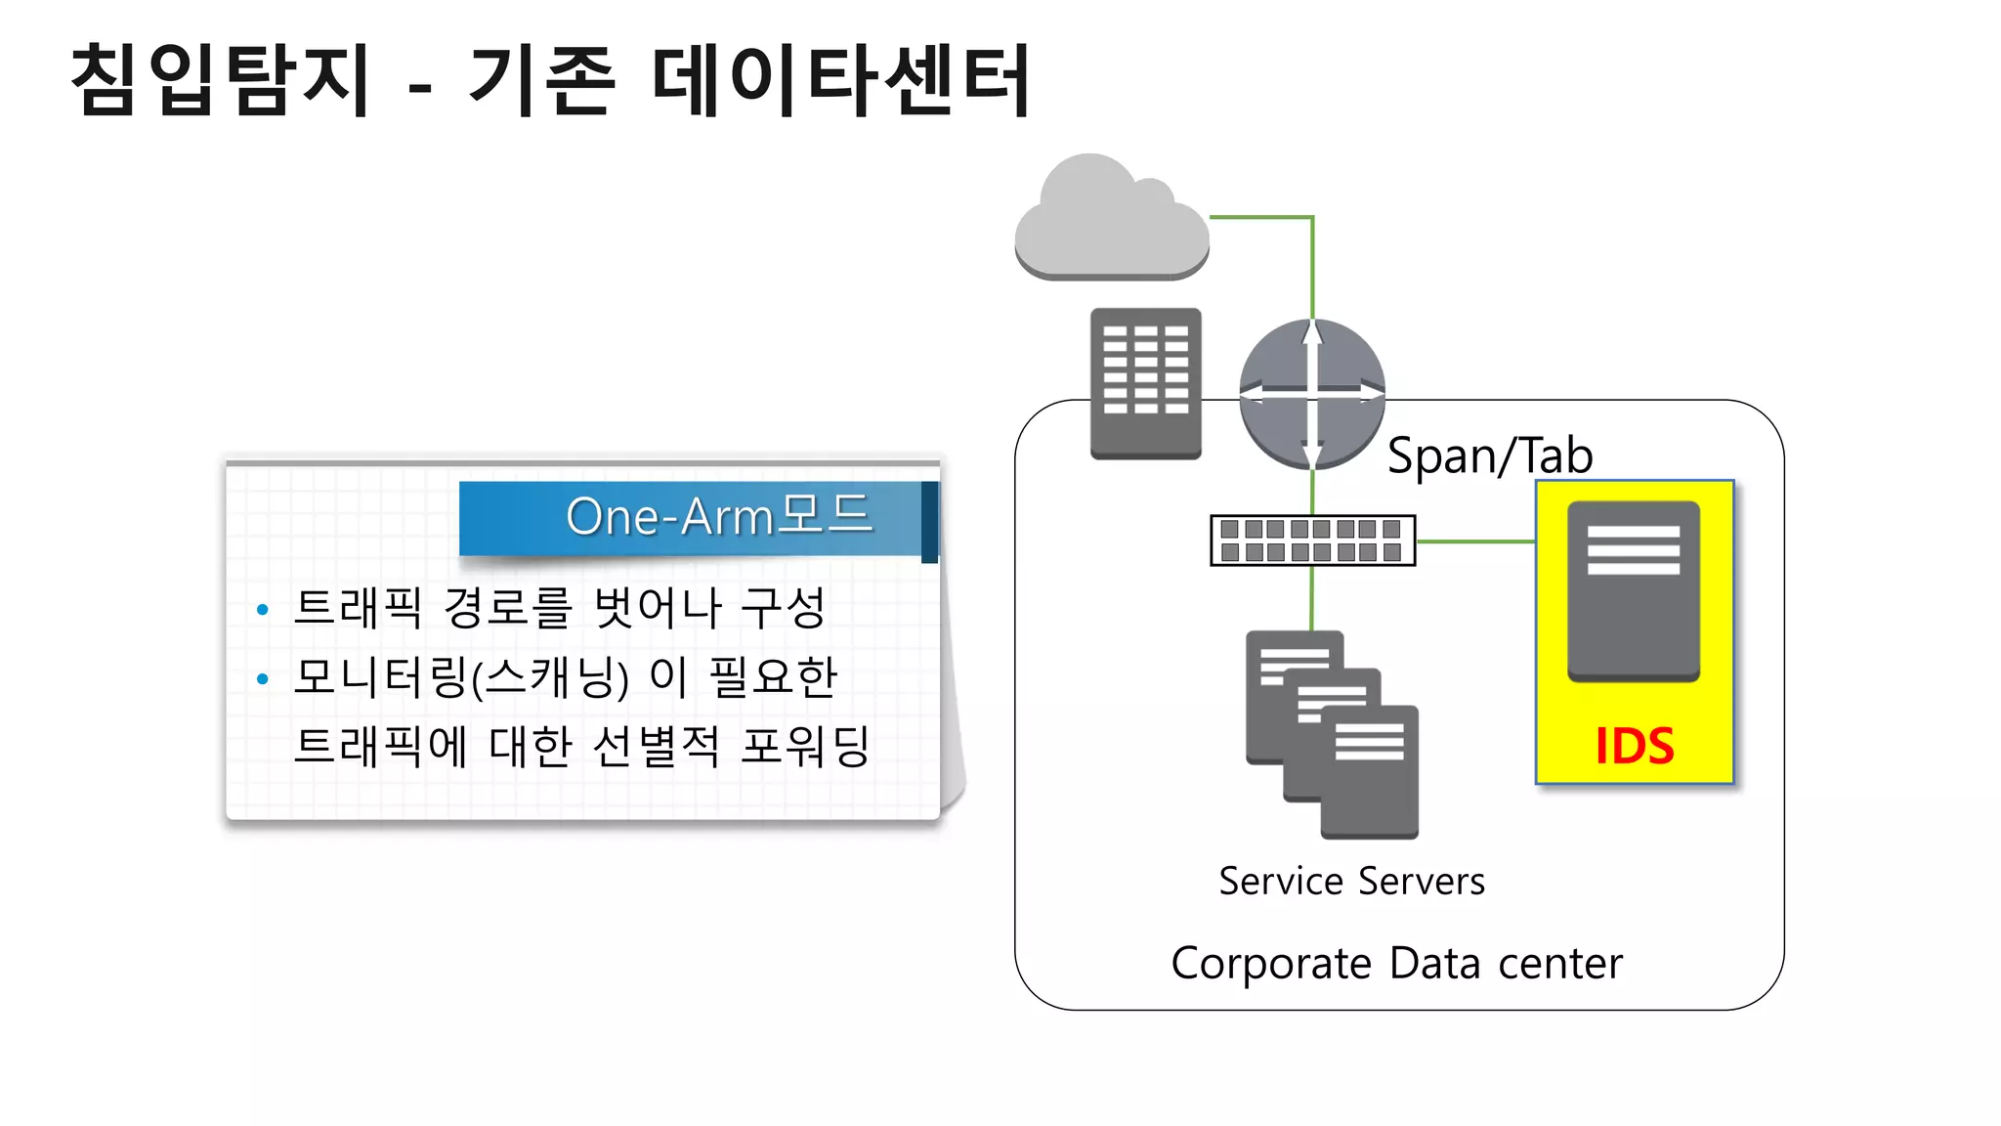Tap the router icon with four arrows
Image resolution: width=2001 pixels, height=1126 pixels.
point(1312,393)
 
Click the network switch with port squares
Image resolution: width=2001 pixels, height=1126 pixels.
point(1312,541)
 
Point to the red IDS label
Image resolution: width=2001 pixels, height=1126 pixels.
point(1635,747)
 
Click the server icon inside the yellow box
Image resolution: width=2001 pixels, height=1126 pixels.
point(1634,591)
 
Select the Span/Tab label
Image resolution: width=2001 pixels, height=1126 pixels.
point(1489,456)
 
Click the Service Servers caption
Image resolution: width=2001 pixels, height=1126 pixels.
point(1351,882)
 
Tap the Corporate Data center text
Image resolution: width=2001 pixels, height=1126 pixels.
point(1396,964)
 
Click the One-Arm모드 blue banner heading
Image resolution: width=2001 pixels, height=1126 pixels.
point(718,516)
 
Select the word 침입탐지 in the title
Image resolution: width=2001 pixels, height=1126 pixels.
point(221,80)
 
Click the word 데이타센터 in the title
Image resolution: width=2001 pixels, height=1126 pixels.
point(840,80)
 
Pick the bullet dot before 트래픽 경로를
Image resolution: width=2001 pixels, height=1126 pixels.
point(262,610)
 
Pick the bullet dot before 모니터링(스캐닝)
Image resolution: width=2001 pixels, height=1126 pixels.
point(262,678)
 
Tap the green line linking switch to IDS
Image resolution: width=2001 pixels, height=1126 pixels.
point(1475,541)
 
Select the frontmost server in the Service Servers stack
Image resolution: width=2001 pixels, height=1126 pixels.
point(1369,771)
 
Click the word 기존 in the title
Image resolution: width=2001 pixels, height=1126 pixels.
point(542,80)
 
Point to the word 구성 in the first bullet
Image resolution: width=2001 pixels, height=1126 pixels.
point(783,608)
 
